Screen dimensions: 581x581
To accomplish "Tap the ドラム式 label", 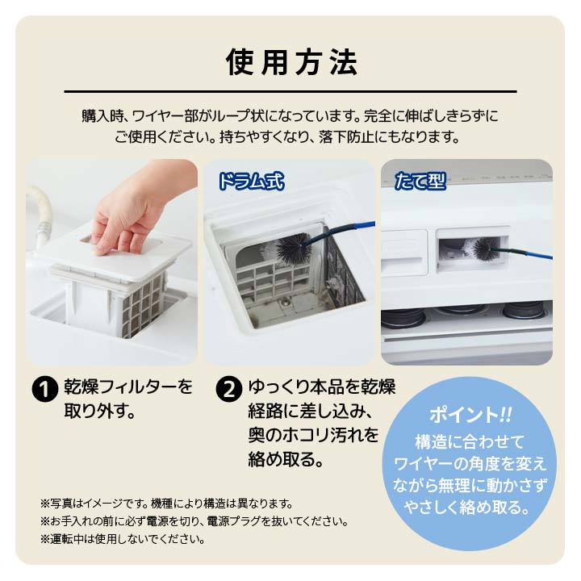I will coord(251,180).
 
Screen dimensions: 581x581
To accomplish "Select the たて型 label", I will coord(420,180).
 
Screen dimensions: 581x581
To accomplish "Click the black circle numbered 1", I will coord(43,389).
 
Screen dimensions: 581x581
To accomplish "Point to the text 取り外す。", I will coord(98,411).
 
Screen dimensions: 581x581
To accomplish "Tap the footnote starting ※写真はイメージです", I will coord(165,503).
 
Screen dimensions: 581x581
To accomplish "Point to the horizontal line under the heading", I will coord(290,92).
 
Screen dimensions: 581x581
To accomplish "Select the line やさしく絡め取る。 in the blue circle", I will coord(470,509).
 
